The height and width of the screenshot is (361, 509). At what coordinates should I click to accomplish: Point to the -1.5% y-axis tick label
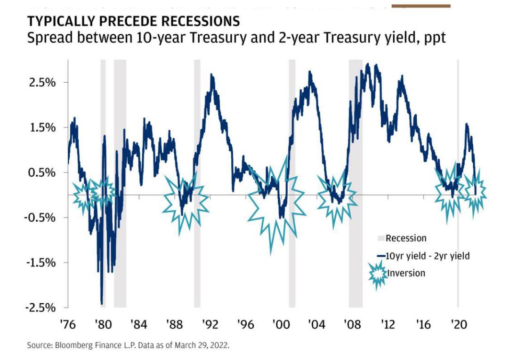tap(41, 263)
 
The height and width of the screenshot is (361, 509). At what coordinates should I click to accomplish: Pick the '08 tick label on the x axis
tap(352, 325)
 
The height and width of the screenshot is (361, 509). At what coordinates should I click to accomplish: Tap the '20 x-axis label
tap(458, 325)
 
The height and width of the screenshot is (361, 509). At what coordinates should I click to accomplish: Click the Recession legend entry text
tap(405, 238)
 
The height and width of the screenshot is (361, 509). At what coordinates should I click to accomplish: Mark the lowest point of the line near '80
tap(102, 303)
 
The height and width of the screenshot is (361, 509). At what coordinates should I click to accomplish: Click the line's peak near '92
tap(212, 75)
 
